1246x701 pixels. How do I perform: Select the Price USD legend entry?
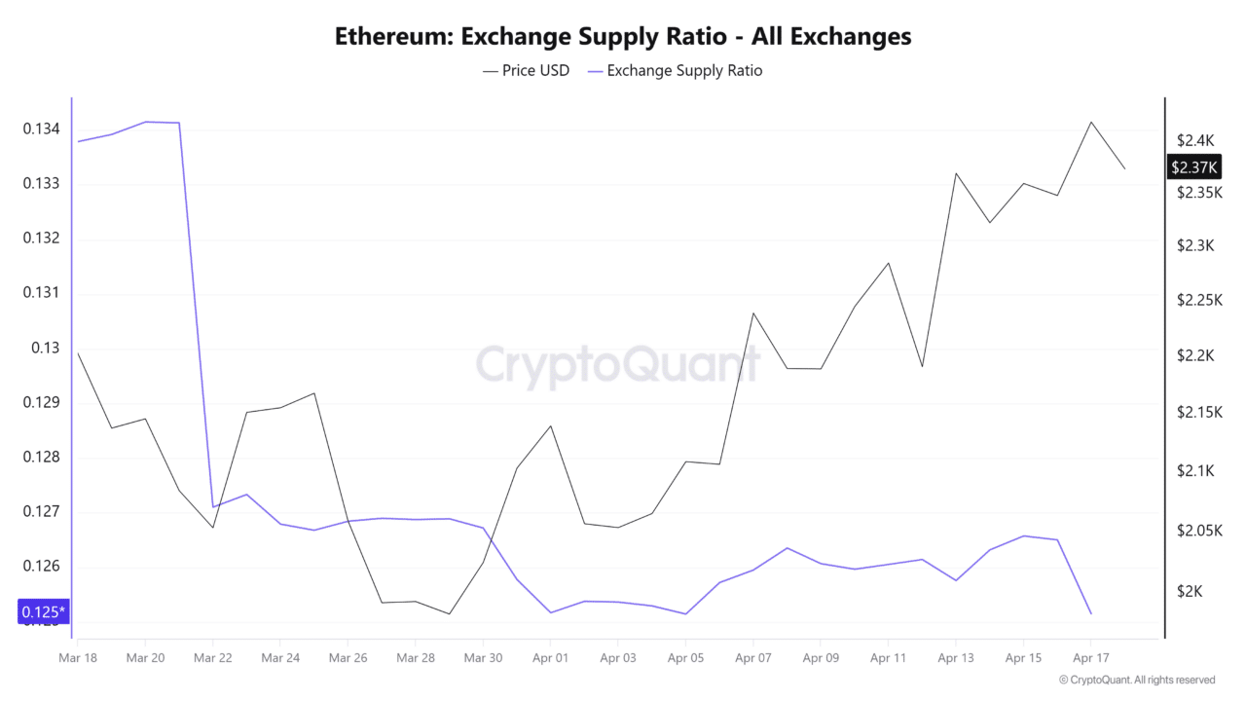[x=527, y=70]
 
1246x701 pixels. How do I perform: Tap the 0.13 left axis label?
[x=45, y=348]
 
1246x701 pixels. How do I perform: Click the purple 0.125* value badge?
[x=43, y=612]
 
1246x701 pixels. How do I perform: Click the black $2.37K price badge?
[x=1194, y=167]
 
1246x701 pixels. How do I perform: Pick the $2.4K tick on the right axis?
[x=1194, y=140]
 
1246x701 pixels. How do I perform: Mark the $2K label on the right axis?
[x=1190, y=592]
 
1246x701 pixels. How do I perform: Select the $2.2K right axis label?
[x=1194, y=356]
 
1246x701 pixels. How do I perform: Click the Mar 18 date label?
[x=77, y=658]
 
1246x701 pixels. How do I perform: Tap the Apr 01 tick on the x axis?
[x=550, y=658]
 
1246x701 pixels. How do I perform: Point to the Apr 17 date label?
[x=1090, y=658]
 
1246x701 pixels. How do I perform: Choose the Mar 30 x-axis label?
[x=483, y=658]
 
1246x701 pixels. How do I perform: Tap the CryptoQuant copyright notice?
[x=1136, y=680]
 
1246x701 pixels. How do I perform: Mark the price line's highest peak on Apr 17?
[x=1091, y=122]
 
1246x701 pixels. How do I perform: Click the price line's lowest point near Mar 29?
[x=450, y=614]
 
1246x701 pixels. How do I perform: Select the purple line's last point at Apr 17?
[x=1091, y=613]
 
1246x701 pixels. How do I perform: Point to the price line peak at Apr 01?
[x=551, y=425]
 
